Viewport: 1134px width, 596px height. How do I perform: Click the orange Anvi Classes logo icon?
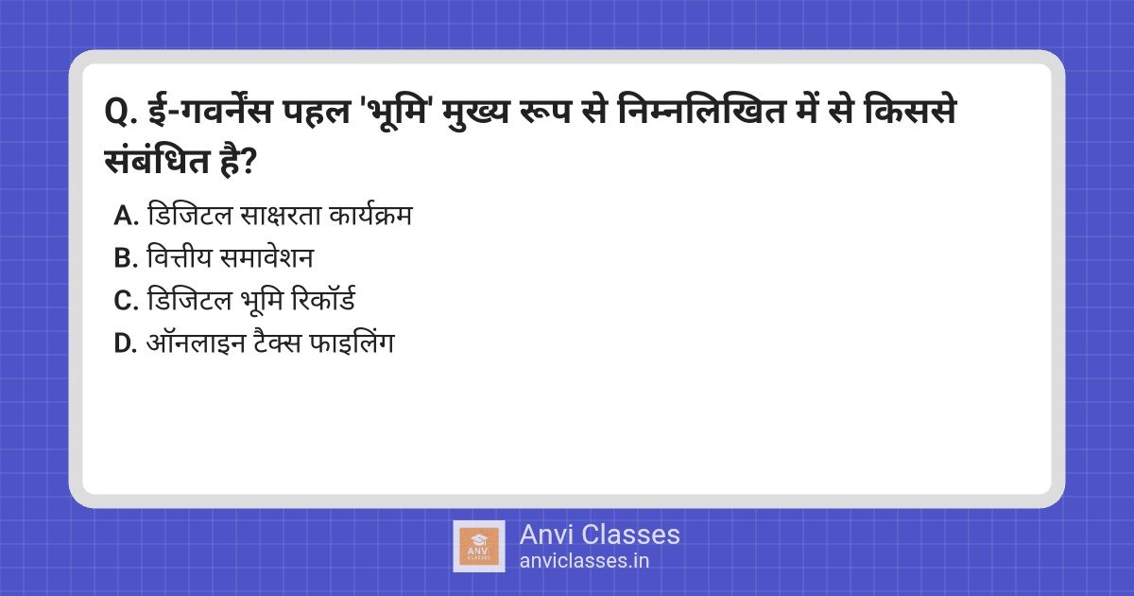pos(478,546)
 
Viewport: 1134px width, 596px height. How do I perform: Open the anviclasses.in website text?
pos(584,561)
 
